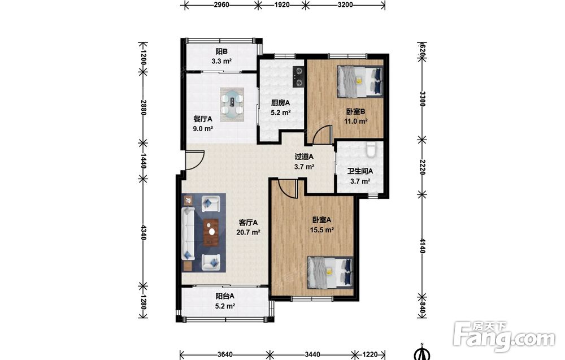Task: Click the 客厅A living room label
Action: tap(248, 222)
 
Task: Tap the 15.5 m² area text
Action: tap(322, 229)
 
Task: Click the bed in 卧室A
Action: tap(330, 272)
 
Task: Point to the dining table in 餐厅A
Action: tap(232, 104)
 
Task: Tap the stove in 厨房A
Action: tap(298, 77)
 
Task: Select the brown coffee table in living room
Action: tap(211, 232)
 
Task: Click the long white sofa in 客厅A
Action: tap(188, 233)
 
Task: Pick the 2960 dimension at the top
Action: tap(221, 5)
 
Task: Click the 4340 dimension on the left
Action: tap(144, 232)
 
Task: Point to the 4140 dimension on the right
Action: tap(422, 245)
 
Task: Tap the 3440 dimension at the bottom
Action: tap(312, 354)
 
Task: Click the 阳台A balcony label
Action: tap(225, 296)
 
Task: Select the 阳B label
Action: tap(221, 52)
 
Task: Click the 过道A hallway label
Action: tap(304, 157)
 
